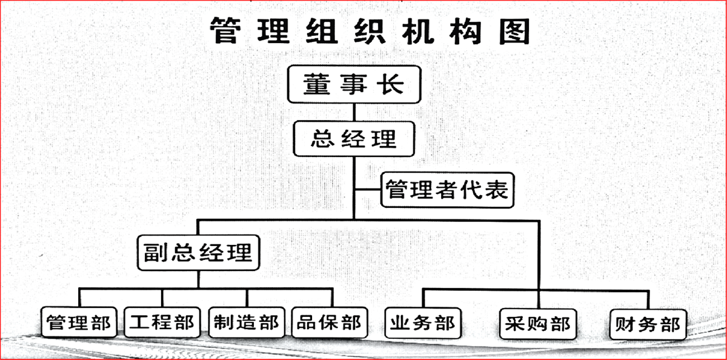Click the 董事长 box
pyautogui.click(x=354, y=84)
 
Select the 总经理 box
pyautogui.click(x=354, y=139)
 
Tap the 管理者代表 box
pyautogui.click(x=448, y=190)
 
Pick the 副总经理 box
pyautogui.click(x=199, y=253)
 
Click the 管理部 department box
pyautogui.click(x=79, y=322)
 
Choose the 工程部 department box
pyautogui.click(x=162, y=322)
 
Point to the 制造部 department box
pyautogui.click(x=247, y=322)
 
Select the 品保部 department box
pyautogui.click(x=330, y=322)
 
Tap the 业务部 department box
pyautogui.click(x=423, y=323)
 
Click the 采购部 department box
pyautogui.click(x=538, y=324)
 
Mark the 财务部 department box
pyautogui.click(x=648, y=325)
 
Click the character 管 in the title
pyautogui.click(x=225, y=30)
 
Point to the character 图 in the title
pyautogui.click(x=514, y=30)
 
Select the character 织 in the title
pyautogui.click(x=370, y=30)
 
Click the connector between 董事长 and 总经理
pyautogui.click(x=354, y=112)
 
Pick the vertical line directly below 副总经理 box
pyautogui.click(x=199, y=279)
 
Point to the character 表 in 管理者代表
pyautogui.click(x=497, y=189)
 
